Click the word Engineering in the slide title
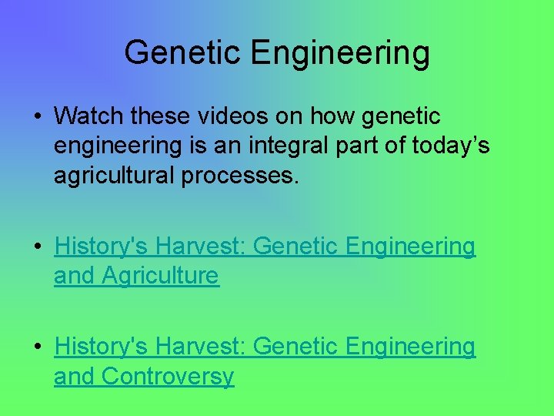tap(340, 53)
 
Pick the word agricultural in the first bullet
tap(115, 176)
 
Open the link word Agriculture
tap(160, 275)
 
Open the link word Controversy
tap(168, 376)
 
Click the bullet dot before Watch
tap(37, 117)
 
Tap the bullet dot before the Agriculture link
tap(37, 247)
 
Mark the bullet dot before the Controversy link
tap(37, 347)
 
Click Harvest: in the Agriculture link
tap(200, 247)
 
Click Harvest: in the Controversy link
tap(200, 347)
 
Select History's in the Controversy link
tap(102, 347)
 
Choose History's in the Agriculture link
tap(102, 247)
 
